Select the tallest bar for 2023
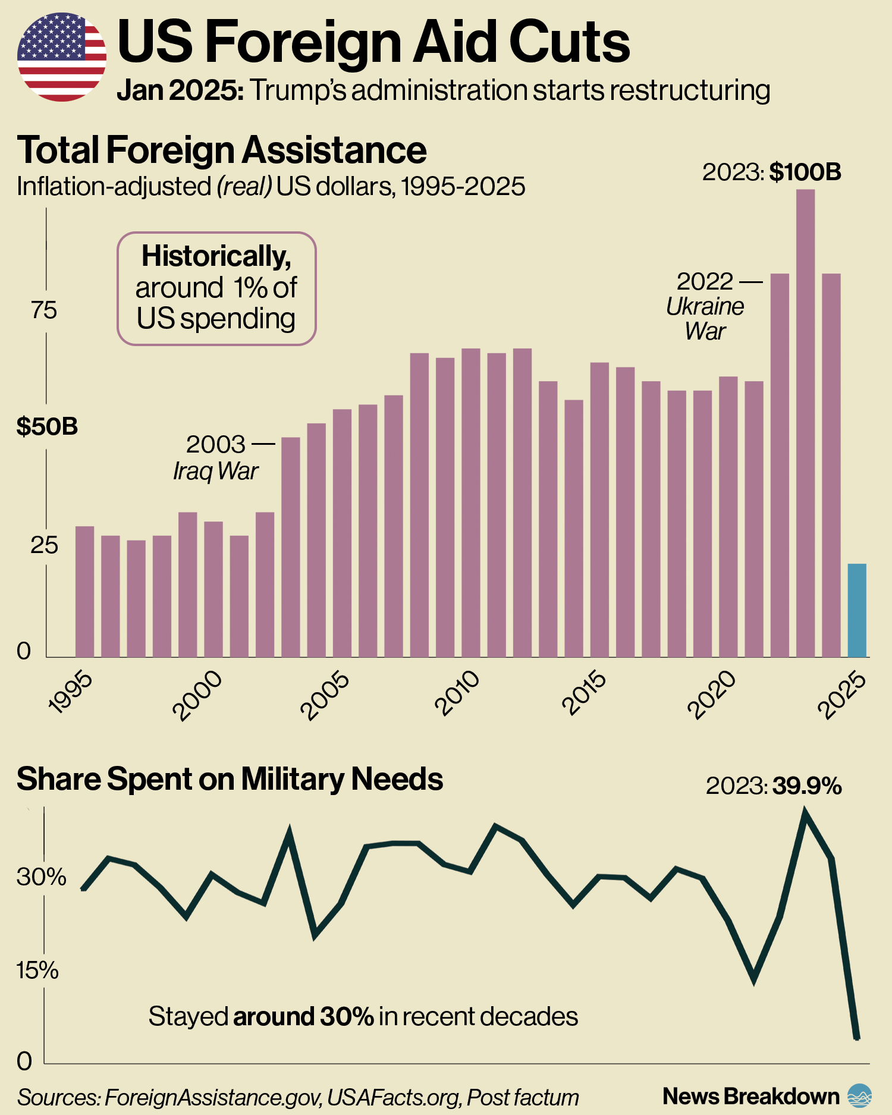[805, 422]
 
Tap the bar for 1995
[84, 592]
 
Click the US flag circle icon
[62, 56]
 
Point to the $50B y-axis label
[47, 426]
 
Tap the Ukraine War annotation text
[705, 318]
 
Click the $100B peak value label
[805, 172]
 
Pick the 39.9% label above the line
[806, 786]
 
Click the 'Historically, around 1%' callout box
[216, 288]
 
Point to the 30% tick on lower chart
[40, 877]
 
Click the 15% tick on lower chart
[37, 970]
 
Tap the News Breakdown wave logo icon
[859, 1096]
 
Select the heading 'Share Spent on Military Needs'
[230, 779]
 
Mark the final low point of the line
[856, 1038]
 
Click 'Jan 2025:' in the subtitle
[180, 90]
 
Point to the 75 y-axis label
[44, 310]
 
